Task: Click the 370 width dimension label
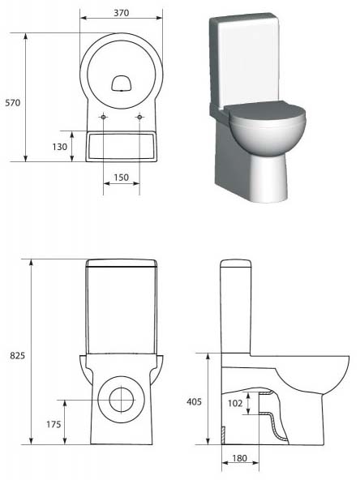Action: coord(122,13)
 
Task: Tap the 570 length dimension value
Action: coord(13,102)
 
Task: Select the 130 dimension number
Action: coord(59,147)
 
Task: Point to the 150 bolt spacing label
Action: coord(122,178)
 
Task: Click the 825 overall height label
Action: coord(18,356)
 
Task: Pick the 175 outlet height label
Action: coord(54,424)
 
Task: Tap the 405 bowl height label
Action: coord(194,401)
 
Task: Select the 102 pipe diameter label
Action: coord(235,403)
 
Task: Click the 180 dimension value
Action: coord(239,458)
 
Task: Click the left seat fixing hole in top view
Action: coord(103,117)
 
